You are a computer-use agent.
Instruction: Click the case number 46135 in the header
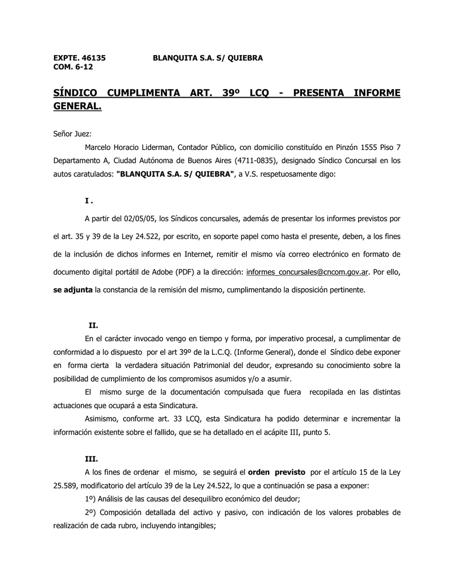tap(94, 58)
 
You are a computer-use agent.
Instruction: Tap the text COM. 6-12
tap(73, 67)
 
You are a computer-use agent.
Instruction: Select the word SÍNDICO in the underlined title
tap(75, 93)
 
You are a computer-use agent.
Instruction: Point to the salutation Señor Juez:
tap(68, 133)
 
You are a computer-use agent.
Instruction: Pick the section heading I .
tap(88, 200)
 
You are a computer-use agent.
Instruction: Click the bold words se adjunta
tap(73, 290)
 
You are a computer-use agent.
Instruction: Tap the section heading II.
tap(93, 325)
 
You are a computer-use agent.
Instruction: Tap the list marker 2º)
tap(91, 512)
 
